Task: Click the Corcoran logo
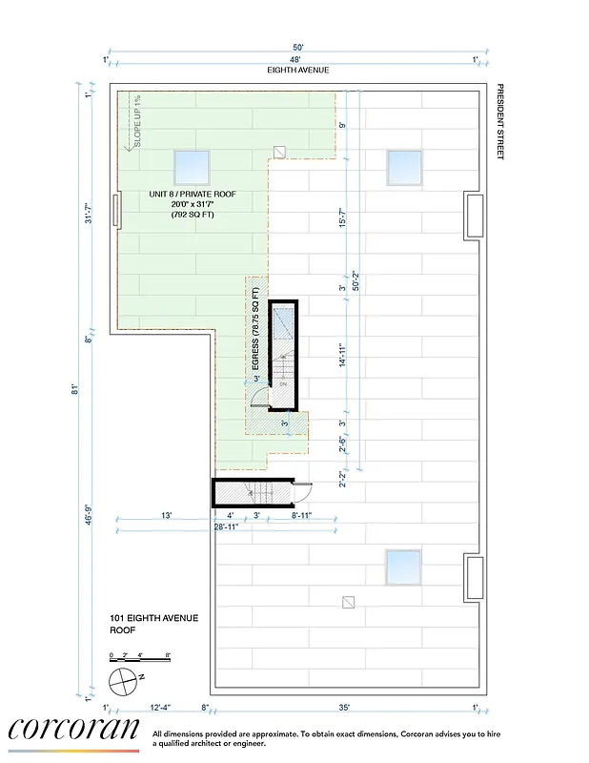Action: (72, 730)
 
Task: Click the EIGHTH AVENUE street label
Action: (298, 71)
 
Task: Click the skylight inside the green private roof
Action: (192, 168)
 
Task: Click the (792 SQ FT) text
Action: (193, 215)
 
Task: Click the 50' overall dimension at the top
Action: (298, 47)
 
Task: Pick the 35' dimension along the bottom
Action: (343, 707)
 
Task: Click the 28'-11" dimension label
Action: (225, 526)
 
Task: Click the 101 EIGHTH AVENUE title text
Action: (153, 618)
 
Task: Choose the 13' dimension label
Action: (166, 516)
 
